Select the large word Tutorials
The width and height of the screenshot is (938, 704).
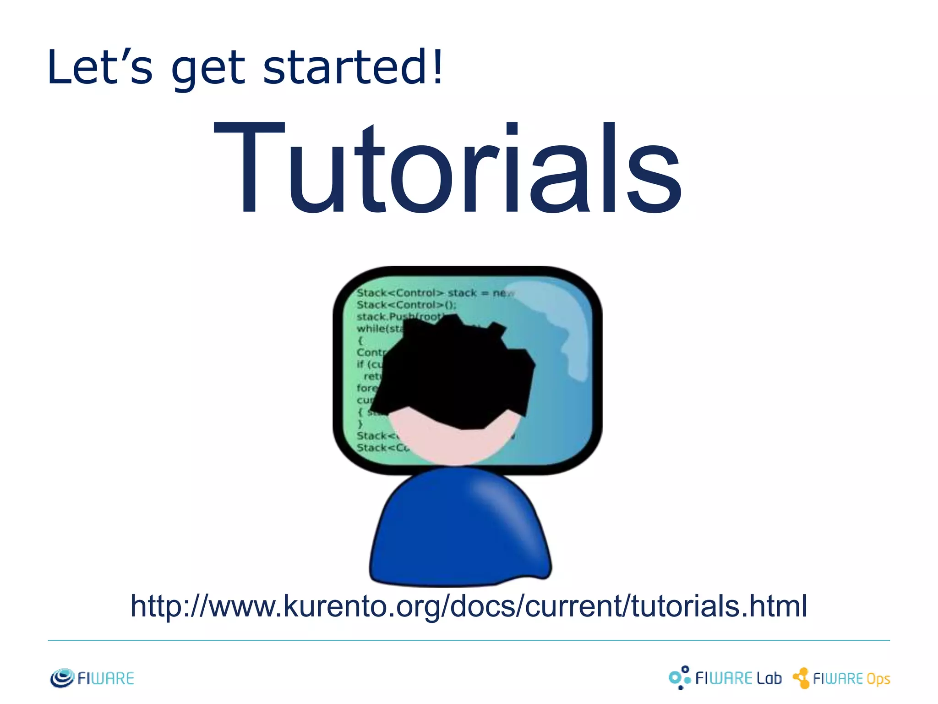pyautogui.click(x=448, y=169)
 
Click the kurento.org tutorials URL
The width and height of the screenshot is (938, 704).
pyautogui.click(x=469, y=606)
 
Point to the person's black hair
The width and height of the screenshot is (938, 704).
pyautogui.click(x=453, y=371)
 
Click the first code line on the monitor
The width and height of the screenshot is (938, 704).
pyautogui.click(x=435, y=293)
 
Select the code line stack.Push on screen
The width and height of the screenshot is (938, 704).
pyautogui.click(x=398, y=317)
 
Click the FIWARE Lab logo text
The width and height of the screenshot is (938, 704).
pyautogui.click(x=738, y=678)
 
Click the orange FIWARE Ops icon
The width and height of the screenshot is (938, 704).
pyautogui.click(x=802, y=678)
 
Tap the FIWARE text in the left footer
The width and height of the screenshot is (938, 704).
pyautogui.click(x=106, y=678)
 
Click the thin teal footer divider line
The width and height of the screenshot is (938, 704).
pyautogui.click(x=469, y=640)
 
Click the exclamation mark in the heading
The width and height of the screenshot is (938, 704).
pyautogui.click(x=438, y=67)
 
